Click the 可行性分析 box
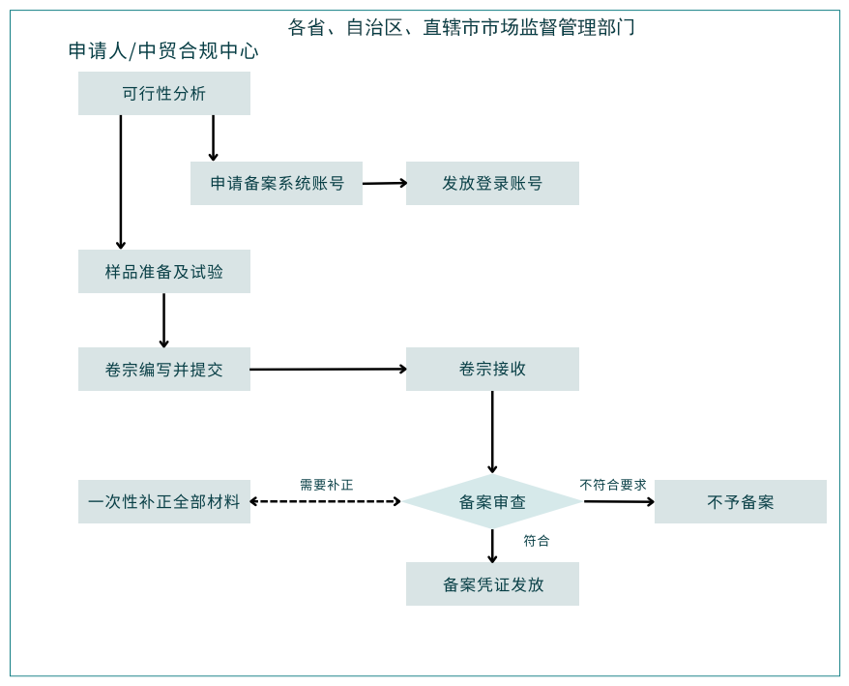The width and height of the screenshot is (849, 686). tap(164, 94)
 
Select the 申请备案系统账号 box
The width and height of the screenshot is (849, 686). tap(277, 183)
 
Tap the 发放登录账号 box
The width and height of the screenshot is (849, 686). tap(492, 183)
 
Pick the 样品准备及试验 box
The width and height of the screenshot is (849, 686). tap(164, 272)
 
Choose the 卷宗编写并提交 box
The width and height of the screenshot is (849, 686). tap(164, 370)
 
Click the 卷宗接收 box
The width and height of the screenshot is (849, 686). tap(492, 370)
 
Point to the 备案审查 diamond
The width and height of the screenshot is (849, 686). tap(492, 502)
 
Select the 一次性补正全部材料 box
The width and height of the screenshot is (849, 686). tap(164, 502)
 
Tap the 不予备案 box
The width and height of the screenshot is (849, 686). tap(741, 502)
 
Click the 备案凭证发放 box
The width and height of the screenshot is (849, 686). tap(492, 584)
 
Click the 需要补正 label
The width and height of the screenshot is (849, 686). tap(327, 485)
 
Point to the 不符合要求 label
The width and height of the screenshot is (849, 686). tap(613, 485)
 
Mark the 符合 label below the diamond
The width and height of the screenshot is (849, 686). tap(537, 541)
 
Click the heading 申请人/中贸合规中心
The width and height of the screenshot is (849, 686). tap(163, 51)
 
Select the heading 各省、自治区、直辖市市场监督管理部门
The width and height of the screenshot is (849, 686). tap(461, 27)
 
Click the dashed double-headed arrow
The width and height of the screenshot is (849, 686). tap(325, 501)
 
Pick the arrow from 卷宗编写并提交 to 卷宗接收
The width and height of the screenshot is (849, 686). tap(328, 369)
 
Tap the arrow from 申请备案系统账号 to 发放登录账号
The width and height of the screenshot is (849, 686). tap(384, 183)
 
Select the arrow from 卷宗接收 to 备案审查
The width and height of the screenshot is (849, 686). tap(492, 432)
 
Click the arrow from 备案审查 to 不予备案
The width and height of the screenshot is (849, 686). tap(619, 501)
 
